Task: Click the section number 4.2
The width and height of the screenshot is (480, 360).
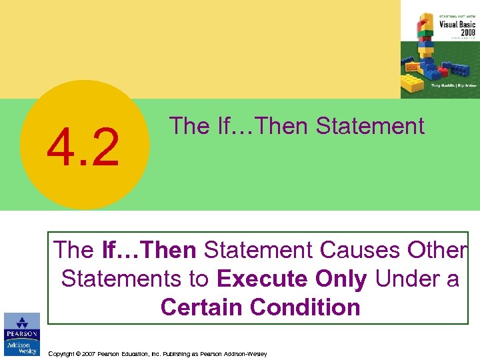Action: pos(83,147)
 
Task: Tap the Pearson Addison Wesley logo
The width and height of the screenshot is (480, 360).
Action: pos(21,335)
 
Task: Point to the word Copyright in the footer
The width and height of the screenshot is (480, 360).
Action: pos(64,354)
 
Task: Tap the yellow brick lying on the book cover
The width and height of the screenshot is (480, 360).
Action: pos(413,84)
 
